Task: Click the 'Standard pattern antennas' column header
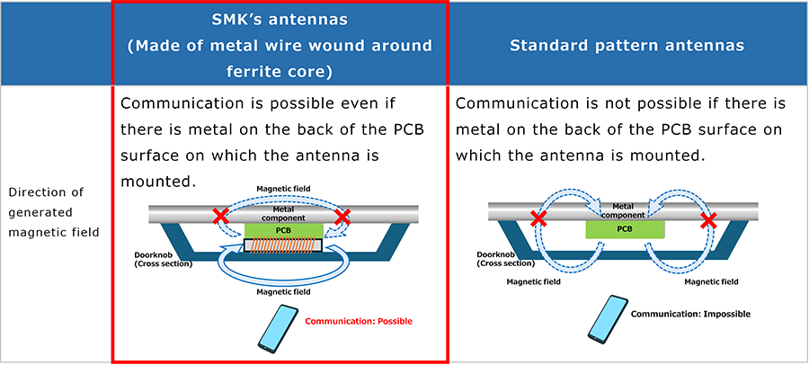click(x=627, y=46)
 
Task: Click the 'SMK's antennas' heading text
click(x=280, y=20)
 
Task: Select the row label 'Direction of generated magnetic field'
click(x=54, y=212)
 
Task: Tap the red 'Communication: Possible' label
click(x=359, y=321)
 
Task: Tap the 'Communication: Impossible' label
click(x=691, y=314)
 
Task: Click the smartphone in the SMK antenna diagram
click(x=278, y=325)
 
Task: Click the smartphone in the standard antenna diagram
click(x=609, y=318)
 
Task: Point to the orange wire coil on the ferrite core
click(x=283, y=245)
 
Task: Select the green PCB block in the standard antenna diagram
click(x=625, y=227)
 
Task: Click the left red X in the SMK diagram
click(x=221, y=216)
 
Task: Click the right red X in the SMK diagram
click(x=342, y=217)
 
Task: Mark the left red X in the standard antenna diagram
click(x=538, y=219)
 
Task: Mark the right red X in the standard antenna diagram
click(x=709, y=220)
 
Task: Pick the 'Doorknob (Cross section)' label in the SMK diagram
click(x=163, y=260)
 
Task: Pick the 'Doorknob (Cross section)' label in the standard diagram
click(x=506, y=259)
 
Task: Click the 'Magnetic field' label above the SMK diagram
click(x=283, y=189)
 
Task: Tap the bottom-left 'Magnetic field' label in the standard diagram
click(x=533, y=282)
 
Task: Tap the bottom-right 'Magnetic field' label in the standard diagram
click(x=711, y=282)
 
